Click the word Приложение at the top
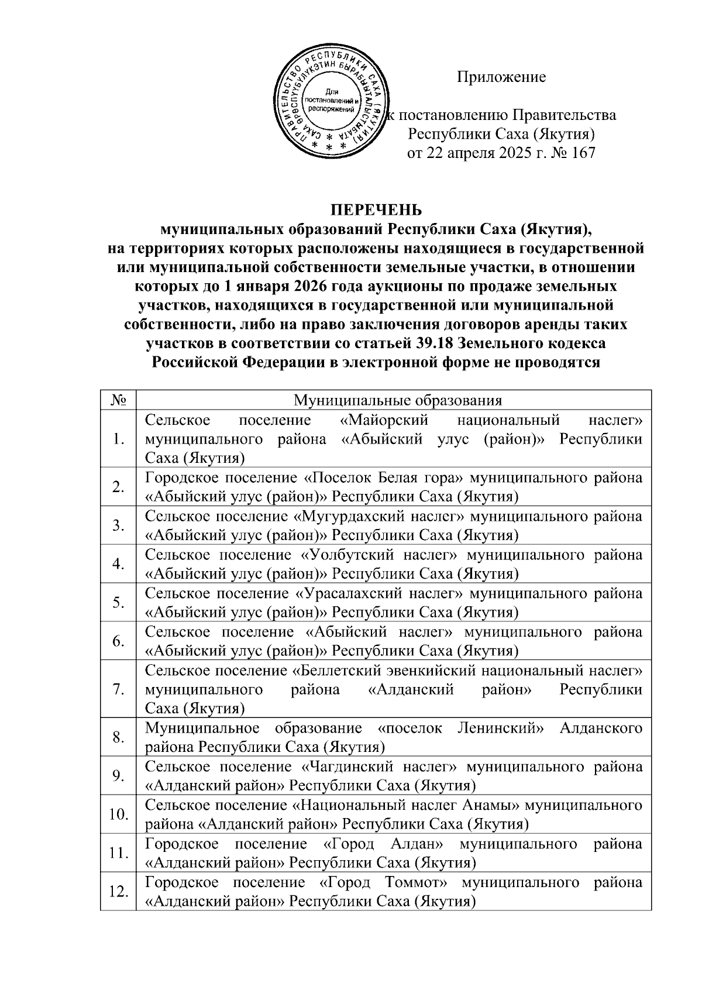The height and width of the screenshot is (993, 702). click(x=501, y=77)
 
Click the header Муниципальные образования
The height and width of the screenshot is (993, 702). click(x=398, y=400)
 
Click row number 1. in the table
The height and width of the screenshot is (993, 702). click(x=119, y=439)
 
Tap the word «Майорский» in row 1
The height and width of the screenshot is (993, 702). click(x=384, y=420)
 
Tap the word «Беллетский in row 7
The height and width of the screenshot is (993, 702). click(x=336, y=670)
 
